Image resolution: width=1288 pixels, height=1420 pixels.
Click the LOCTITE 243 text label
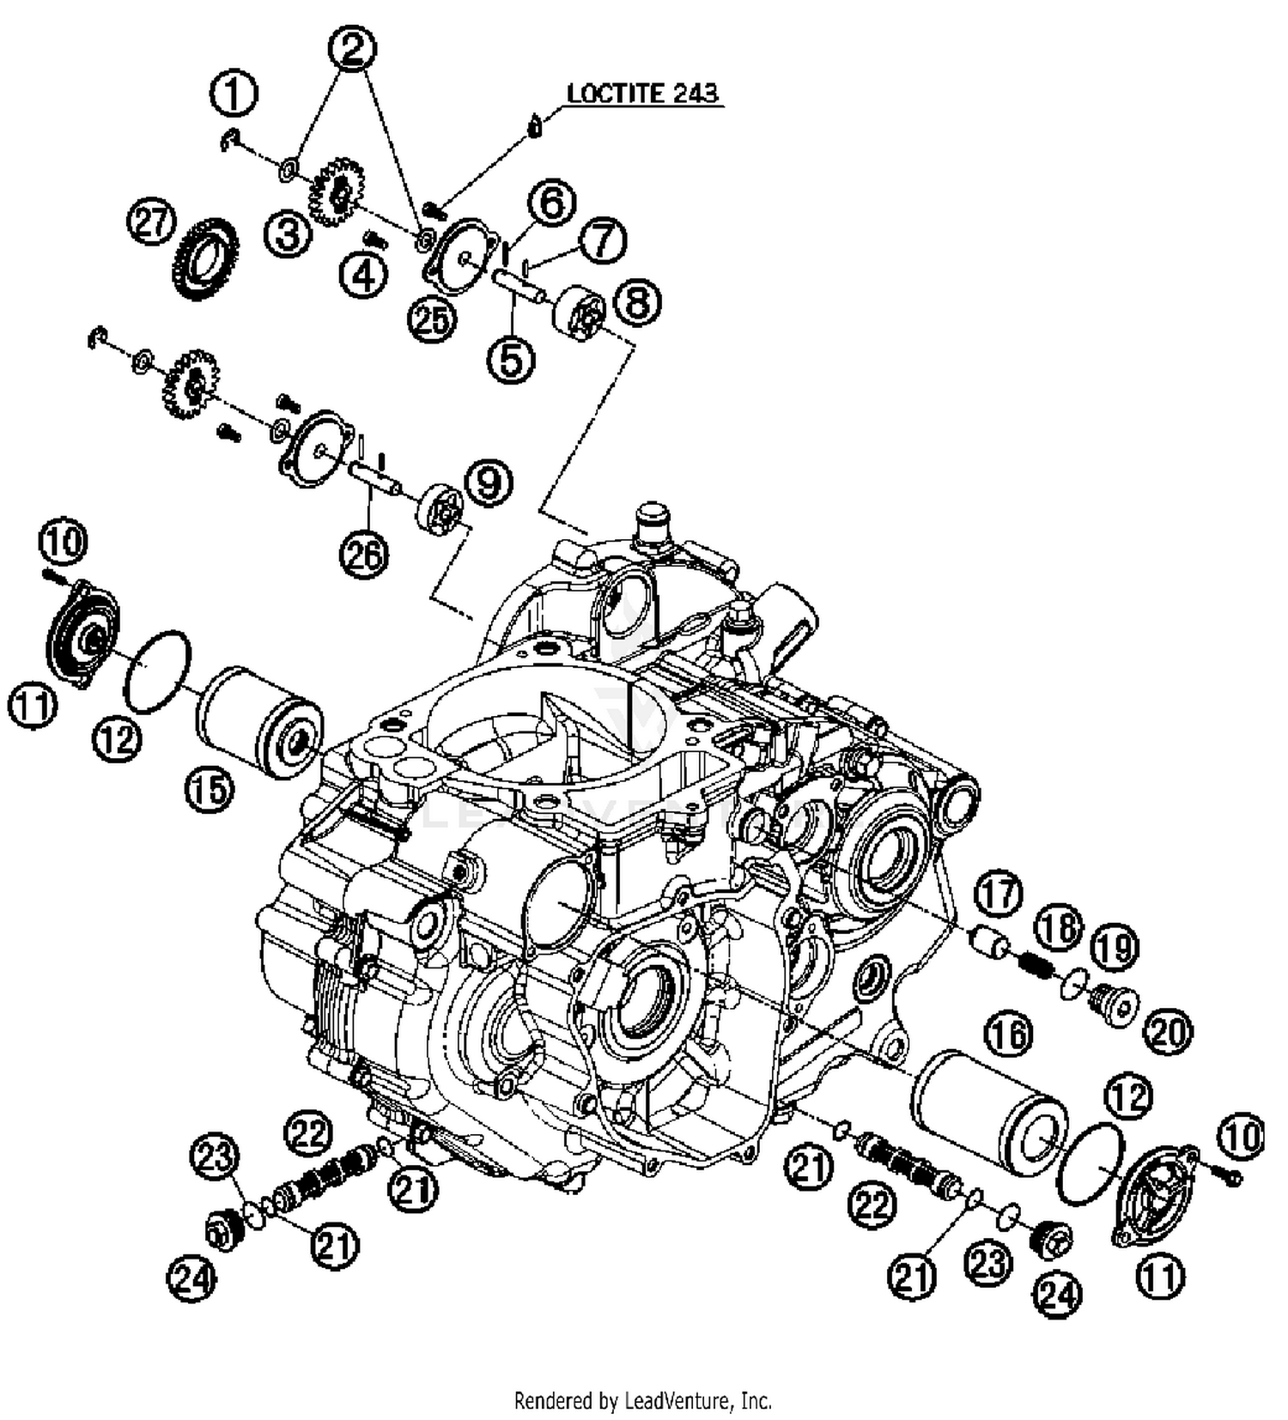tap(642, 93)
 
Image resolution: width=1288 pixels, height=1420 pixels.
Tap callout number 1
tap(233, 93)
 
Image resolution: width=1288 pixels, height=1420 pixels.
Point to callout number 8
tap(637, 303)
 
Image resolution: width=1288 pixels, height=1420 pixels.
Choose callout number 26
tap(363, 555)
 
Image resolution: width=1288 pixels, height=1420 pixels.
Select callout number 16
tap(1010, 1035)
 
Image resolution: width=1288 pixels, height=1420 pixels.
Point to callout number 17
tap(999, 895)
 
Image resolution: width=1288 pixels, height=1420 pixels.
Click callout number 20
tap(1168, 1033)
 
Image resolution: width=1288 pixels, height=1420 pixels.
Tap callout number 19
tap(1115, 948)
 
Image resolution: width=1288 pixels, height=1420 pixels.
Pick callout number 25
tap(432, 319)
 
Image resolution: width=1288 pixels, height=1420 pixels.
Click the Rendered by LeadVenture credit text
tap(642, 1401)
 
